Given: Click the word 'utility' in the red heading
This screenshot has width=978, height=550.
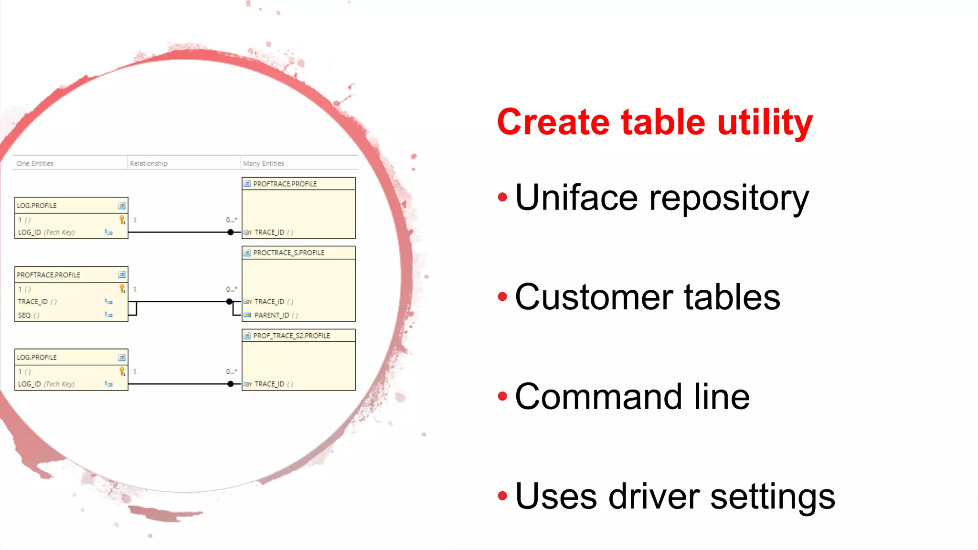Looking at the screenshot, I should click(x=765, y=122).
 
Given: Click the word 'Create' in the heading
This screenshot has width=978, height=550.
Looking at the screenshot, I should click(x=553, y=122).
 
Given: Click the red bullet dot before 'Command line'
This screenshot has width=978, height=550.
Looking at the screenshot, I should click(x=502, y=396).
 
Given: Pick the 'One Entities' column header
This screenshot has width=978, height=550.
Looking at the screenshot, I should click(x=35, y=163).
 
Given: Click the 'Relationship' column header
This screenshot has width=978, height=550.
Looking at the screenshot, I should click(x=149, y=163).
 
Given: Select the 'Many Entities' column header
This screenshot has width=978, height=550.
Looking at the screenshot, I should click(x=263, y=163).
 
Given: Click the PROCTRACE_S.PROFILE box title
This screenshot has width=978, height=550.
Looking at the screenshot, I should click(x=288, y=253).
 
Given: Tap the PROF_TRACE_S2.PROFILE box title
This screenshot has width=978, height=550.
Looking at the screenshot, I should click(x=291, y=336).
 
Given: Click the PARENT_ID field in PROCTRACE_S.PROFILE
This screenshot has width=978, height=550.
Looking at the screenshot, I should click(x=272, y=315).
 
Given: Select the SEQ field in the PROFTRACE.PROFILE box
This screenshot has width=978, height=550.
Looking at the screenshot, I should click(x=24, y=315).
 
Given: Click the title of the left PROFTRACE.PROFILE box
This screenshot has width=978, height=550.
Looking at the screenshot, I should click(x=48, y=275).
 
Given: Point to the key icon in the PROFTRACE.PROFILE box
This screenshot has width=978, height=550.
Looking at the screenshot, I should click(x=122, y=289).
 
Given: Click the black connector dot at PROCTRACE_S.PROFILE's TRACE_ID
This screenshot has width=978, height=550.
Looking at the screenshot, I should click(x=230, y=301).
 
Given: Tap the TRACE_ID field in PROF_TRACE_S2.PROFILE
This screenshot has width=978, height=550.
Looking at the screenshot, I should click(x=269, y=384).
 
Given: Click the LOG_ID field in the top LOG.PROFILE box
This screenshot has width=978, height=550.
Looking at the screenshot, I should click(x=30, y=233).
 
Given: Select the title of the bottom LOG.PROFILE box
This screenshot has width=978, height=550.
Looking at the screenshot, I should click(x=37, y=357).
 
